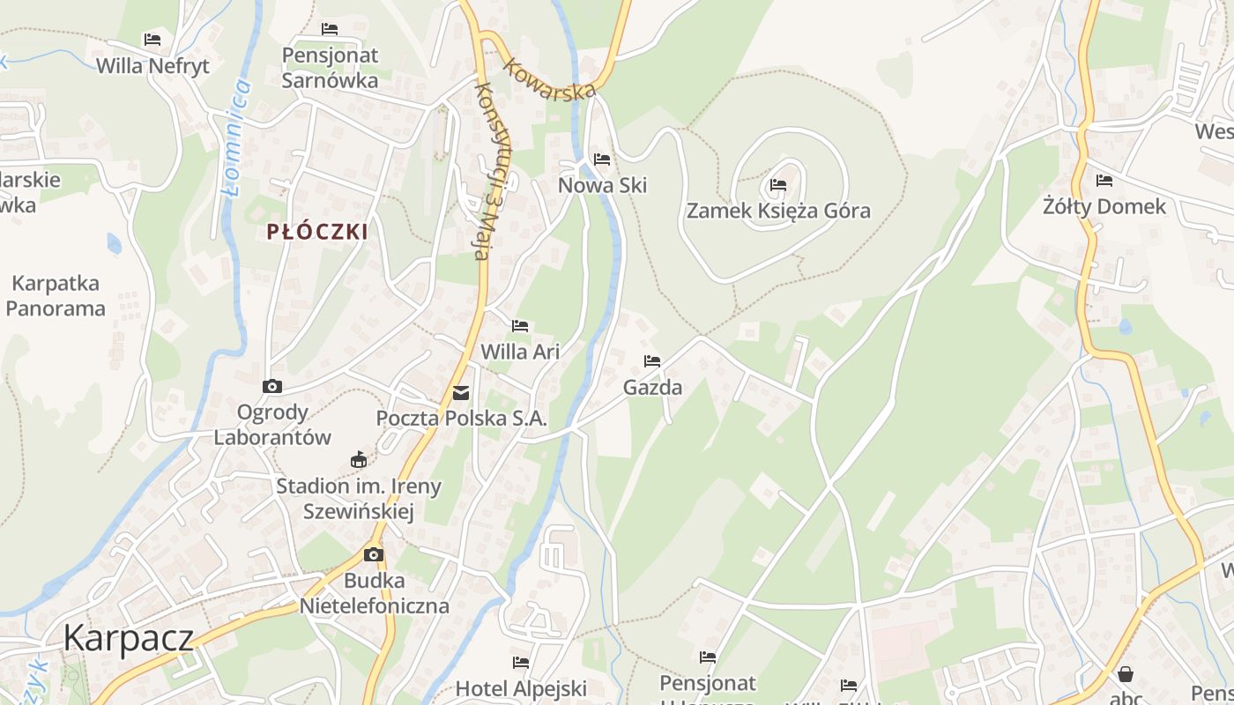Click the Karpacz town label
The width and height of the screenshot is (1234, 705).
pos(128,637)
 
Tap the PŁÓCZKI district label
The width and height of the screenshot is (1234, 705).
pos(317,232)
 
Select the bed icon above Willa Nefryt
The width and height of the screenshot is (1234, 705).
pos(152,40)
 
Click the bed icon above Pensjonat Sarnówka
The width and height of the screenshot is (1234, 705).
pos(330,29)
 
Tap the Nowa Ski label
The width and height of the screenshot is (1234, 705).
pos(603,185)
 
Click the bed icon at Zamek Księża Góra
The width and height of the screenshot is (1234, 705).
pos(778,185)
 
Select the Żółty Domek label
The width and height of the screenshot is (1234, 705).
pos(1104,207)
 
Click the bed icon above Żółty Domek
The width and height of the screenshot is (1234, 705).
pos(1104,181)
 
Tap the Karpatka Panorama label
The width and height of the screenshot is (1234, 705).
pos(56,296)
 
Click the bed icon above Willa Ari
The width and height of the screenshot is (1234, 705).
pos(520,326)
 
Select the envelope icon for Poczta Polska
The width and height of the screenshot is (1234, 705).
pos(461,393)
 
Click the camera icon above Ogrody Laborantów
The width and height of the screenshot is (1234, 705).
pos(272,386)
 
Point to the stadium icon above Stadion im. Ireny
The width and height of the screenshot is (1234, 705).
pos(359,459)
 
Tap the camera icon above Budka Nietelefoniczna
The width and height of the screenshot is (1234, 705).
pos(374,554)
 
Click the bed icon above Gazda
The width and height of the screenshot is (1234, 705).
pos(652,361)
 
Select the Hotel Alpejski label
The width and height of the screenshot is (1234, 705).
pos(521,688)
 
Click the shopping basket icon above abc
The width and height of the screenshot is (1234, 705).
pos(1126,674)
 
